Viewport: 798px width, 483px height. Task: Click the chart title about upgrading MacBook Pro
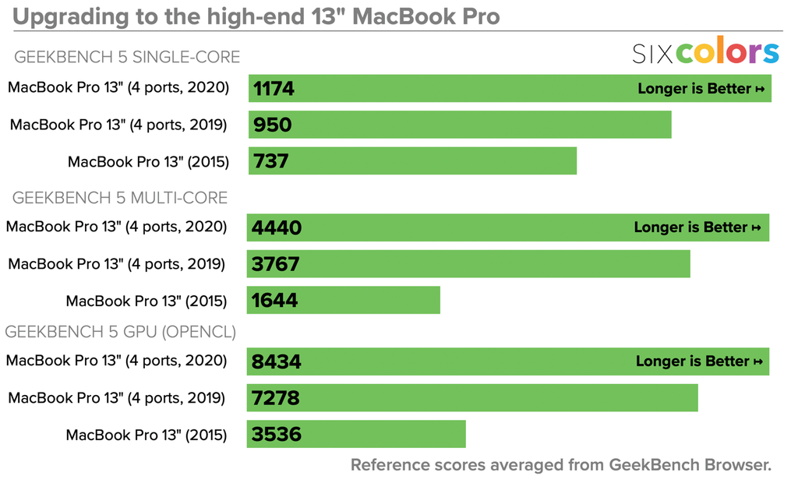(x=256, y=16)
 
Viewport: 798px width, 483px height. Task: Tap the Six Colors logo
(x=704, y=52)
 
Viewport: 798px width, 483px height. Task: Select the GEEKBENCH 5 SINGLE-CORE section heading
(x=127, y=57)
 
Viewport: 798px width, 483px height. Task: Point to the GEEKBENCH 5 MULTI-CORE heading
(x=120, y=197)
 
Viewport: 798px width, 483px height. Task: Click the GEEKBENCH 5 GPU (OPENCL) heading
(x=121, y=332)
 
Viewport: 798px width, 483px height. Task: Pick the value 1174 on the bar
(x=274, y=88)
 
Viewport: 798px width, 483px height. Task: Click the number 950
(x=272, y=125)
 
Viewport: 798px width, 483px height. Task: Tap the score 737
(x=270, y=161)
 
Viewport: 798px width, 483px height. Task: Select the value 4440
(x=276, y=227)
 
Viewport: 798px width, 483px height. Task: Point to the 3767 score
(x=275, y=264)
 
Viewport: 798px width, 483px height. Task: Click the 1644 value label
(x=274, y=300)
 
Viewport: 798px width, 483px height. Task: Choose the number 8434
(x=276, y=361)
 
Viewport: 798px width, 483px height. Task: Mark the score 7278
(x=275, y=398)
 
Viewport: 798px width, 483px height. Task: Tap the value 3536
(x=275, y=434)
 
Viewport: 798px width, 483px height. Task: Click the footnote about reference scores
(x=560, y=465)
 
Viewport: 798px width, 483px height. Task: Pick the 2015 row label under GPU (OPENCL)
(x=147, y=435)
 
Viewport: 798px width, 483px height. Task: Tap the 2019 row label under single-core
(x=118, y=125)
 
